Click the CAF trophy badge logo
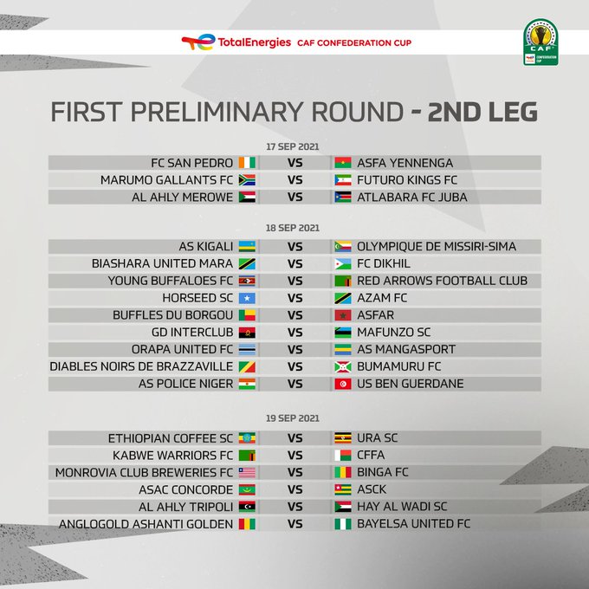pyautogui.click(x=540, y=42)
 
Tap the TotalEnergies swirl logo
pyautogui.click(x=198, y=42)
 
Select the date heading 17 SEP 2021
pyautogui.click(x=292, y=146)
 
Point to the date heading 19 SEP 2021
pyautogui.click(x=293, y=418)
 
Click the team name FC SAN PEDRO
pyautogui.click(x=192, y=163)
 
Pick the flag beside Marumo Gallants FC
pyautogui.click(x=247, y=180)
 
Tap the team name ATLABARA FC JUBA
pyautogui.click(x=412, y=197)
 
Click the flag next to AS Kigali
pyautogui.click(x=247, y=246)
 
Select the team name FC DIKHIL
pyautogui.click(x=384, y=263)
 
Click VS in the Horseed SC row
pyautogui.click(x=294, y=298)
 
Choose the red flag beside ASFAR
pyautogui.click(x=343, y=315)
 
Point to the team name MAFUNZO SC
pyautogui.click(x=393, y=333)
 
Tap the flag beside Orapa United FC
pyautogui.click(x=247, y=349)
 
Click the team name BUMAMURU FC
pyautogui.click(x=399, y=366)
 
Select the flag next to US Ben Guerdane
pyautogui.click(x=343, y=384)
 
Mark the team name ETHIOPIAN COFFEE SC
pyautogui.click(x=171, y=438)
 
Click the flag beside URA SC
pyautogui.click(x=343, y=438)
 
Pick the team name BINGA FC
pyautogui.click(x=382, y=472)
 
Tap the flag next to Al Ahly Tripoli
pyautogui.click(x=247, y=507)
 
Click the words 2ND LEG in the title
pyautogui.click(x=482, y=112)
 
